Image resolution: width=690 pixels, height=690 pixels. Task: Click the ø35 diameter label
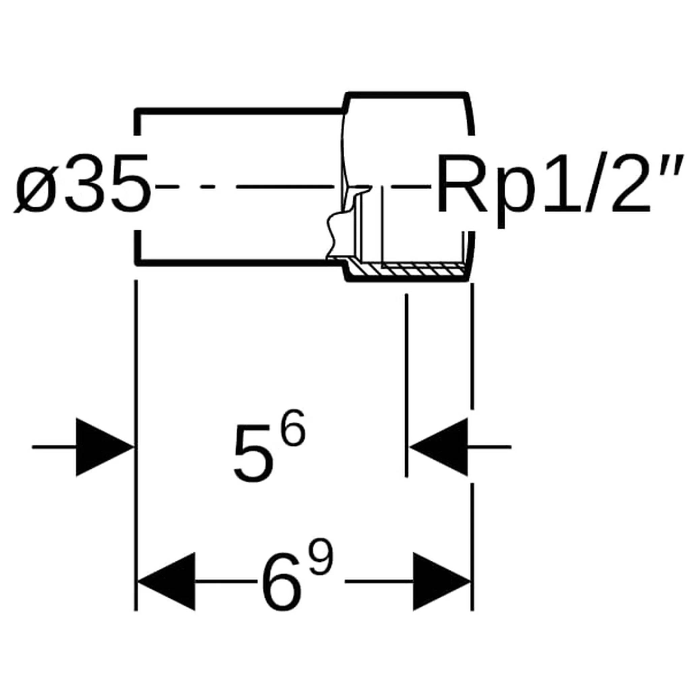click(82, 183)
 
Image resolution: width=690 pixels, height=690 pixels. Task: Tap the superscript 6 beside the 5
click(293, 428)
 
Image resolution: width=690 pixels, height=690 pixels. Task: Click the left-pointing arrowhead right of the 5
click(439, 447)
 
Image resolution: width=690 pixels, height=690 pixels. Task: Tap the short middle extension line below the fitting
click(406, 385)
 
